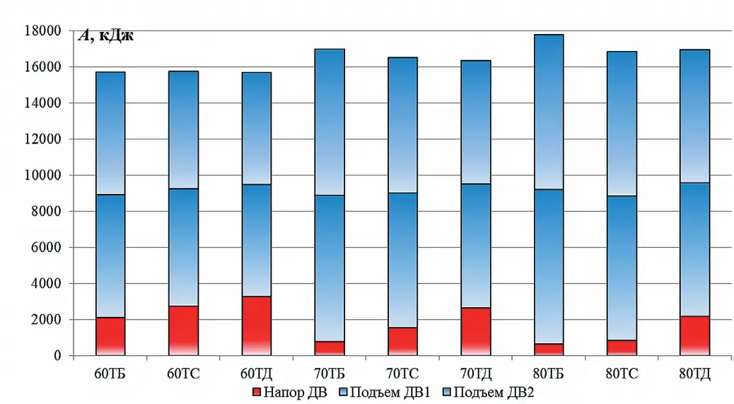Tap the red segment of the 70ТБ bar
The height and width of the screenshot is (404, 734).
coord(330,348)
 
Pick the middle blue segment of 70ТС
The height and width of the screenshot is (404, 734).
coord(402,260)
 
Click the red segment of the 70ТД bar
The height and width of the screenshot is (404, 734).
coord(475,332)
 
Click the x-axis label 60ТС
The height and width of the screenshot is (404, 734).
coord(183,374)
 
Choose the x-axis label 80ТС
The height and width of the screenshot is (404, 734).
coord(621,374)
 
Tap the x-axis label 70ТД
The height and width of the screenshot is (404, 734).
coord(475,374)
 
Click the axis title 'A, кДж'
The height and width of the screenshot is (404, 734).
coord(105,37)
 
